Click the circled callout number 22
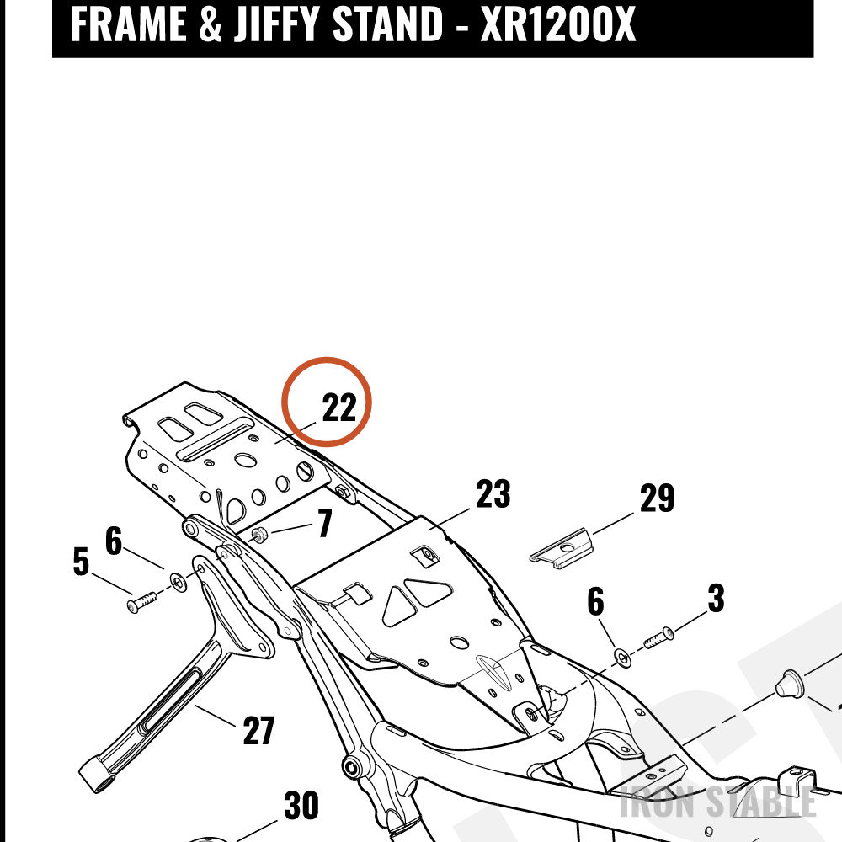[338, 408]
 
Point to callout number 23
[493, 493]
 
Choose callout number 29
[657, 498]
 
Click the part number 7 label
[324, 523]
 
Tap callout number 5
[81, 562]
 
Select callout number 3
[717, 598]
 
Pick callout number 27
[258, 730]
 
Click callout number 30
[301, 806]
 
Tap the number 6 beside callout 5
[114, 541]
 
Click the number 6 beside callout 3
[595, 601]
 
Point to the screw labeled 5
[141, 601]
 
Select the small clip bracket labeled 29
[561, 548]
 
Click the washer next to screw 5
[179, 582]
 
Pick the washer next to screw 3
[623, 658]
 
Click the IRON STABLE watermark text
[717, 802]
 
